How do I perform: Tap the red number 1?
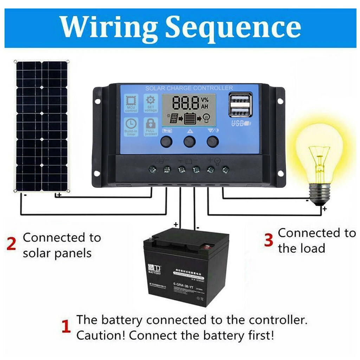coord(66,327)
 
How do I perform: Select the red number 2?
coord(11,244)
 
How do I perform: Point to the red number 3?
coord(269,240)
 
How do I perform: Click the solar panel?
coord(41,126)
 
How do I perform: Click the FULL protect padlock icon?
coord(150,124)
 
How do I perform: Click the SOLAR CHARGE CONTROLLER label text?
coord(189,88)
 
